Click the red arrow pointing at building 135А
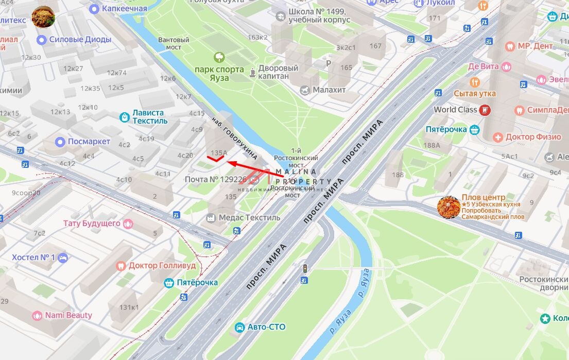click(255, 169)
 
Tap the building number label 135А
click(219, 153)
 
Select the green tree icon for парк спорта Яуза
click(219, 57)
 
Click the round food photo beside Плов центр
click(448, 207)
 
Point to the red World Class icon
click(485, 110)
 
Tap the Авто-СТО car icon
click(239, 327)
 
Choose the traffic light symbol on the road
click(305, 268)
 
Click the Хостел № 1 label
click(33, 257)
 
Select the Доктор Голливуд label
click(162, 266)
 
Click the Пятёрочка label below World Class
click(446, 129)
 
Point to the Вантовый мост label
click(174, 43)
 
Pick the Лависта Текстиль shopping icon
click(124, 117)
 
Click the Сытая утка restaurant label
click(475, 94)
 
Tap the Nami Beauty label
click(68, 315)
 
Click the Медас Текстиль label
click(249, 217)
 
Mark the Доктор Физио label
click(533, 137)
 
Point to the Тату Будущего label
click(92, 224)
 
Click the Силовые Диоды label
click(80, 40)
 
